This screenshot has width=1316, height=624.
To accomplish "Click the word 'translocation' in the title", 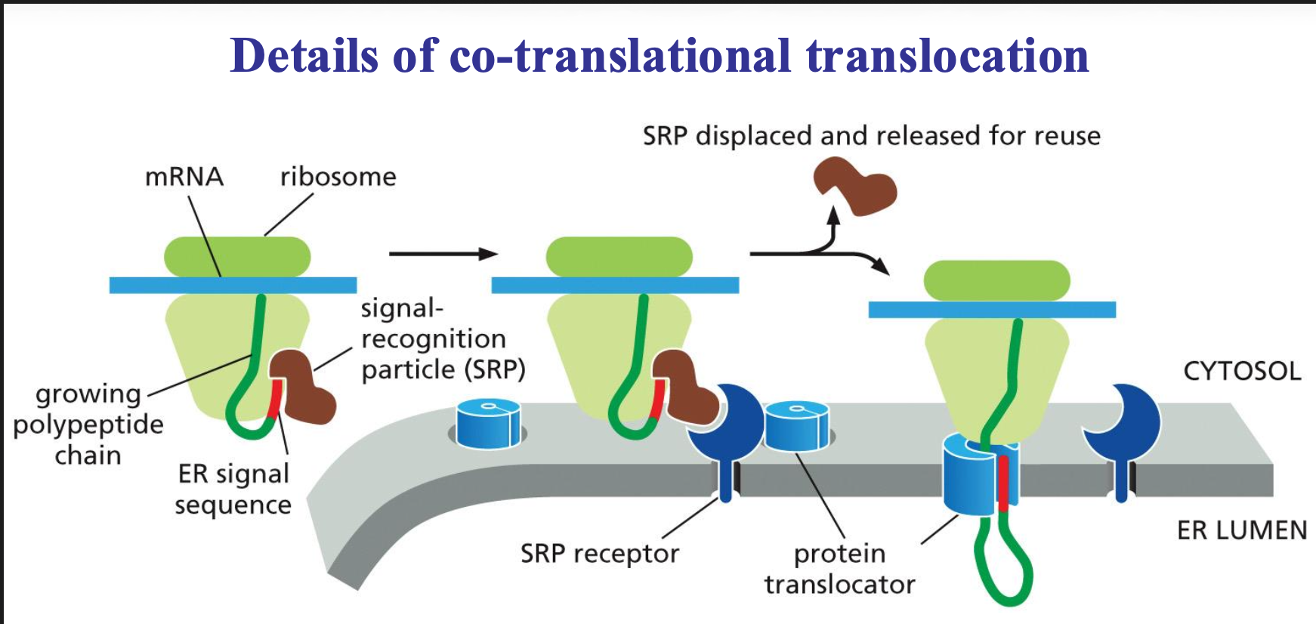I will tap(947, 56).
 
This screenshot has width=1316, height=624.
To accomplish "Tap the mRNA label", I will tap(184, 177).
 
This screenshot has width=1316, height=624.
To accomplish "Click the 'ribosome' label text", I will tap(338, 177).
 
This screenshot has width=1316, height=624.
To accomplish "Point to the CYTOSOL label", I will tap(1241, 371).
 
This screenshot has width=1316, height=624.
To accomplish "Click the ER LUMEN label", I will tap(1241, 530).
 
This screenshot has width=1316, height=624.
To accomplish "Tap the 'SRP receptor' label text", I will tap(599, 554).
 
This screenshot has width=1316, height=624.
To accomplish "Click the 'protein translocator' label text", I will tap(839, 569).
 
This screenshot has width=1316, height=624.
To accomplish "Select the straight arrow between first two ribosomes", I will tap(443, 254).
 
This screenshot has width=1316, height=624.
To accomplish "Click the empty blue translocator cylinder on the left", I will tap(488, 425).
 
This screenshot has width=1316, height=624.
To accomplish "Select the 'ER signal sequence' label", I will tap(233, 490).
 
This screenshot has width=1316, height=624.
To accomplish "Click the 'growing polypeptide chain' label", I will tap(88, 425).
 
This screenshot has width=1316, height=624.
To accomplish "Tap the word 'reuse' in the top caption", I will tap(1067, 136).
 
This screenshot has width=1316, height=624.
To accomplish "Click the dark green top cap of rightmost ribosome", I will tap(996, 280).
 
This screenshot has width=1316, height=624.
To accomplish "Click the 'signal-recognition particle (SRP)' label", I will tap(442, 339).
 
